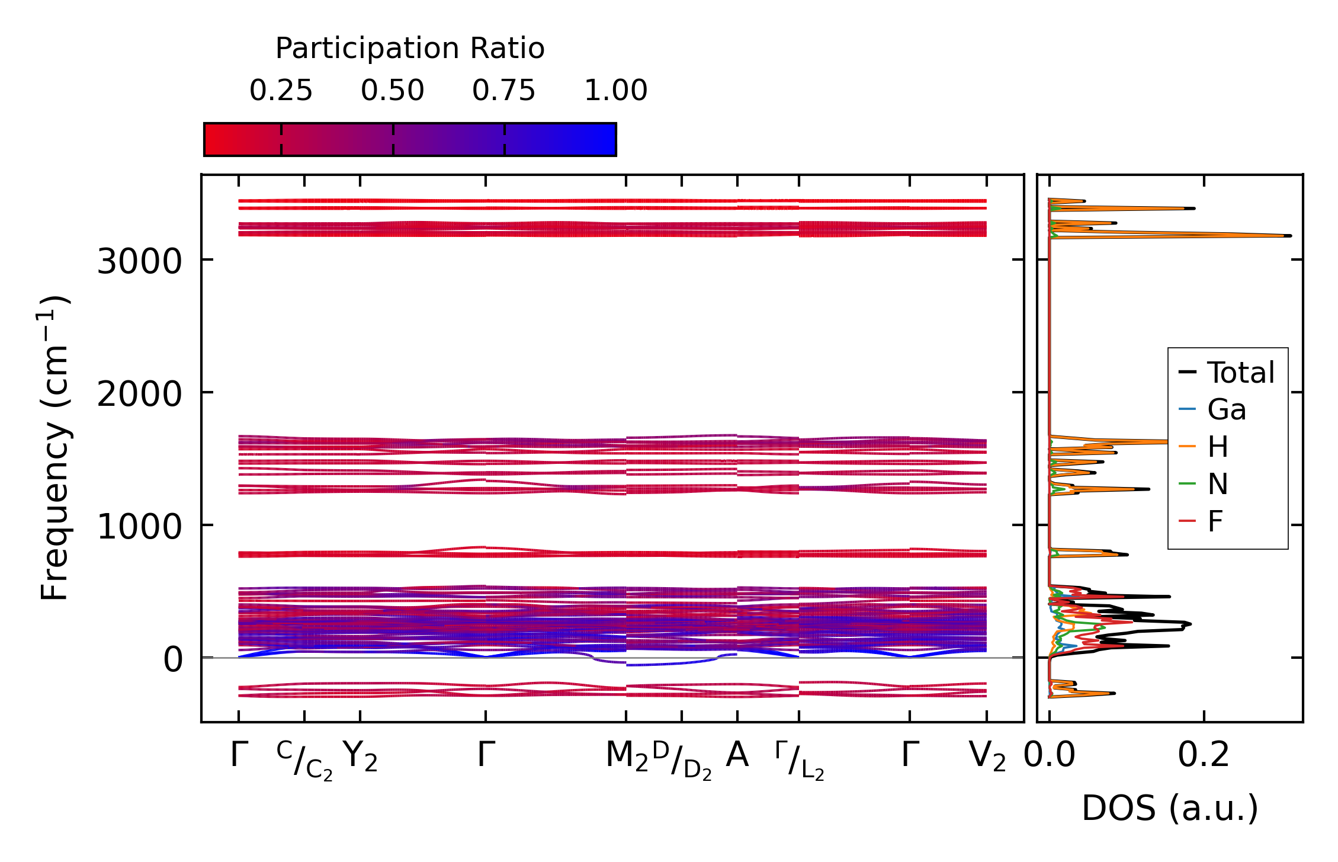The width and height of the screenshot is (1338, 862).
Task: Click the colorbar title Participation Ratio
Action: (x=410, y=49)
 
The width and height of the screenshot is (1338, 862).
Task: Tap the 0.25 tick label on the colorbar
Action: (x=281, y=91)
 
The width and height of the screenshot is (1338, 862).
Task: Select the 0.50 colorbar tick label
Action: (x=393, y=91)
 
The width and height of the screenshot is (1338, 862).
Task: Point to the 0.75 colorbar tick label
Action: (x=504, y=91)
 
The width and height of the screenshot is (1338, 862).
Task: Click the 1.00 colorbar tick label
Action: (x=616, y=91)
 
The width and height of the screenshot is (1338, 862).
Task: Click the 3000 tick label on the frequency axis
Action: (x=139, y=261)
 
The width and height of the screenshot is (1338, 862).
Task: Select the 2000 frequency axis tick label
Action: (x=139, y=394)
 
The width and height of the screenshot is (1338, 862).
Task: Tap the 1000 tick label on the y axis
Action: (x=139, y=527)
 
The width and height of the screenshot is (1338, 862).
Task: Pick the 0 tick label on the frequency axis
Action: (x=173, y=659)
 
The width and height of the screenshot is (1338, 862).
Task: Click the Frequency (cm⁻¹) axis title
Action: (x=55, y=448)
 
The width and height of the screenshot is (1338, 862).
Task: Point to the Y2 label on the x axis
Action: (x=360, y=757)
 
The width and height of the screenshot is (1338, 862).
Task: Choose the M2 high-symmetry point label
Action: (x=627, y=757)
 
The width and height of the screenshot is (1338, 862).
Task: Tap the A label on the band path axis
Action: (x=737, y=756)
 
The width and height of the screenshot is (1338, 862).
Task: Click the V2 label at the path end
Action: (x=987, y=757)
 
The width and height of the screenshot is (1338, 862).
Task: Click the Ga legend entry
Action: (x=1227, y=410)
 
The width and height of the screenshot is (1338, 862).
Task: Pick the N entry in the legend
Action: (x=1218, y=485)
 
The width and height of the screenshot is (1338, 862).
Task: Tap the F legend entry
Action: (x=1215, y=522)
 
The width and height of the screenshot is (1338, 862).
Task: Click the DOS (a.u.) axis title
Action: (x=1170, y=809)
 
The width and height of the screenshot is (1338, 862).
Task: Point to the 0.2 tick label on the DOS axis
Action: (x=1204, y=756)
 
